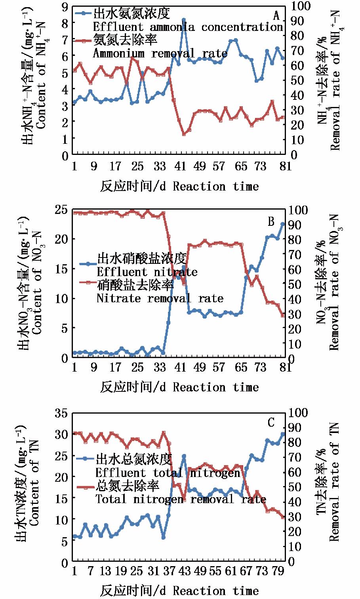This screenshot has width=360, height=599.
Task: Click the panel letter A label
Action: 276,16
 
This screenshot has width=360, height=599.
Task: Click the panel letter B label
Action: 271,221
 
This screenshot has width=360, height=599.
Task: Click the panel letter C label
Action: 271,423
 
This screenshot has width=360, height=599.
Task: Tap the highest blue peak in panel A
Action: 184,19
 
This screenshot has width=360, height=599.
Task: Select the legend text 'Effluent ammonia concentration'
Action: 188,27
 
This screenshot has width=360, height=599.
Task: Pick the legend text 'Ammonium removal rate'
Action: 160,53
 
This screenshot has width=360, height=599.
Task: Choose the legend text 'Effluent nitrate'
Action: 147,272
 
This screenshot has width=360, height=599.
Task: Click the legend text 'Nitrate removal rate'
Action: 160,298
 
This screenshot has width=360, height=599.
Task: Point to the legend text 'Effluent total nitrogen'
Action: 168,473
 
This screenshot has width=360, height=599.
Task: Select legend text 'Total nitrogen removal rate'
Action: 181,499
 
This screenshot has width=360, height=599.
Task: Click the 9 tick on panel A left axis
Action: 65,6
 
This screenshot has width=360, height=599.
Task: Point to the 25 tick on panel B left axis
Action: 62,210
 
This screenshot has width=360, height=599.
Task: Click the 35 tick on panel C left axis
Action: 62,413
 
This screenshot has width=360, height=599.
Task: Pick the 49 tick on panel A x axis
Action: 200,166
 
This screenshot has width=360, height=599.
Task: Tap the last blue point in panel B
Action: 283,224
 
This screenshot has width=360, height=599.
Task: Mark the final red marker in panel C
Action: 283,517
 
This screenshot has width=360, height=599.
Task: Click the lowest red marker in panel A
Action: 184,134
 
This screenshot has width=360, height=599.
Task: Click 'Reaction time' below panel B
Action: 215,387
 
